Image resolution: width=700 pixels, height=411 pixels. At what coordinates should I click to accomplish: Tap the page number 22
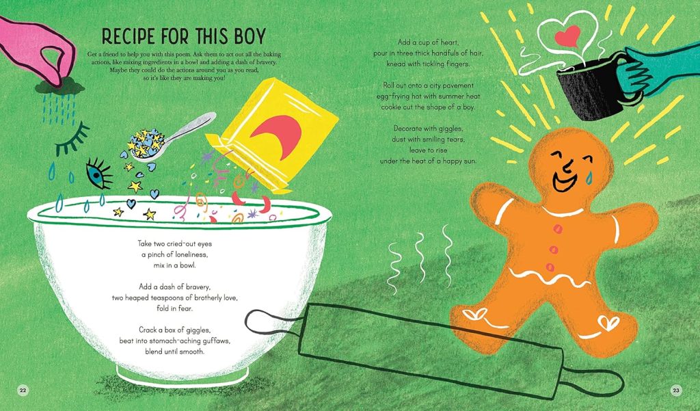click(23, 390)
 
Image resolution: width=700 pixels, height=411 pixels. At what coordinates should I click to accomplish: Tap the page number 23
click(676, 390)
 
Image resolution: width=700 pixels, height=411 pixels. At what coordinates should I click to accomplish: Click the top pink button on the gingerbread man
click(557, 229)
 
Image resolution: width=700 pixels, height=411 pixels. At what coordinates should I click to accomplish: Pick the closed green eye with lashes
click(71, 139)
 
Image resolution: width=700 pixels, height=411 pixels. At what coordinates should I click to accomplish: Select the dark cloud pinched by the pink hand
click(60, 87)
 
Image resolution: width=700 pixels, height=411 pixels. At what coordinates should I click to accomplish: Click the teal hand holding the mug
click(656, 72)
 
